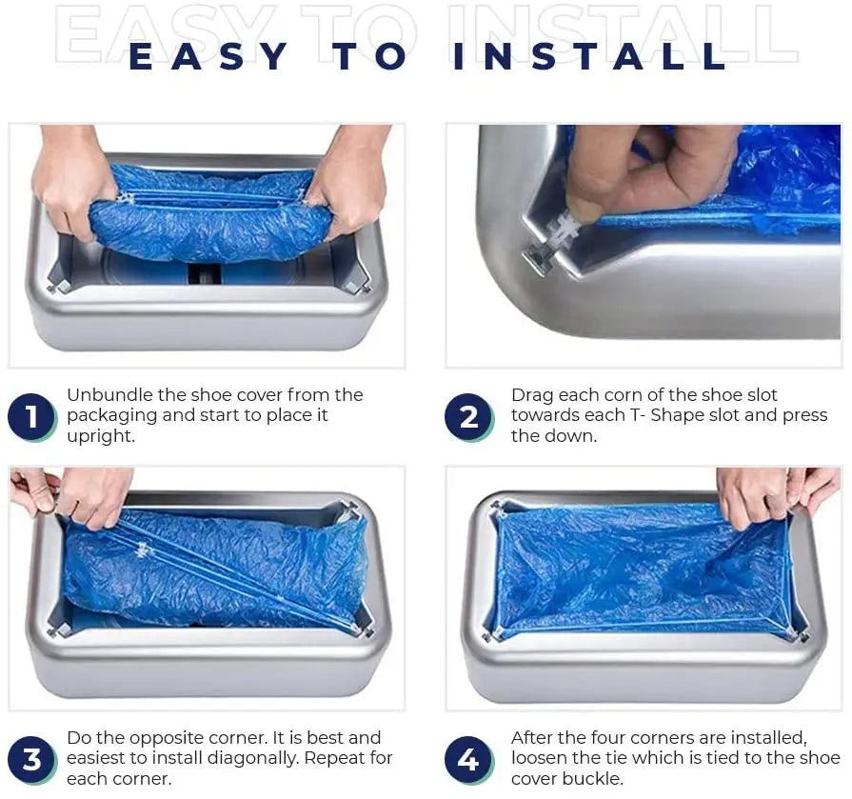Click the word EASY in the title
pyautogui.click(x=208, y=56)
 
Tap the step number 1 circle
pyautogui.click(x=31, y=417)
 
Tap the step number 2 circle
pyautogui.click(x=468, y=417)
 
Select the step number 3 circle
pyautogui.click(x=31, y=760)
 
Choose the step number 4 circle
pyautogui.click(x=468, y=760)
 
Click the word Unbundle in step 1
pyautogui.click(x=105, y=395)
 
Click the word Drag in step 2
pyautogui.click(x=531, y=395)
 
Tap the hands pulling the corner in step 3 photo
pyautogui.click(x=81, y=492)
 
